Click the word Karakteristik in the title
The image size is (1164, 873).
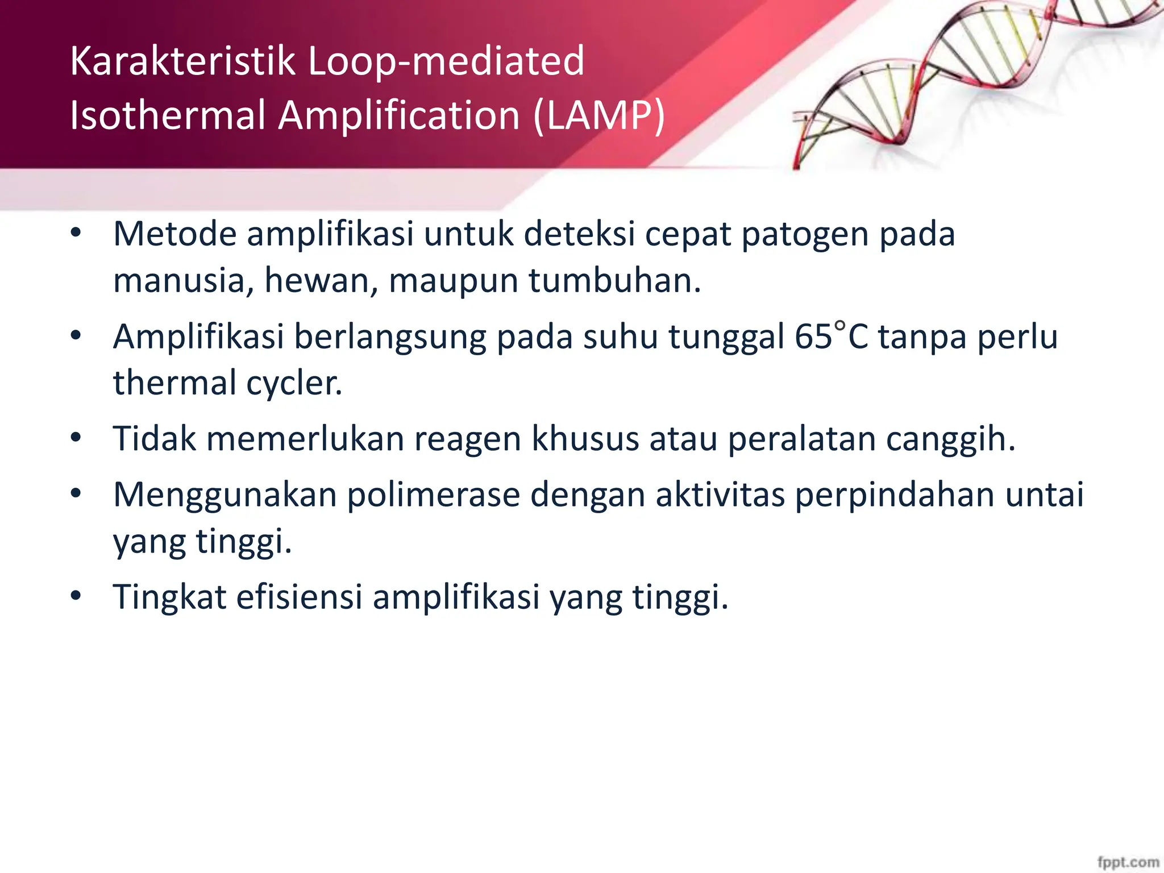point(182,61)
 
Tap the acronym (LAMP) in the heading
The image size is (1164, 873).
point(599,115)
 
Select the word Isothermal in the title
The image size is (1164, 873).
point(168,115)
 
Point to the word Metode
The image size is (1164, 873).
point(174,234)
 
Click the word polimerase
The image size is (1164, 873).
point(433,494)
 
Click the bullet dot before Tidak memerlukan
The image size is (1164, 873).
point(76,438)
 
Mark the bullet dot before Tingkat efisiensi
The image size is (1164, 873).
point(76,596)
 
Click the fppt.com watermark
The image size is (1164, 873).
point(1128,862)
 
